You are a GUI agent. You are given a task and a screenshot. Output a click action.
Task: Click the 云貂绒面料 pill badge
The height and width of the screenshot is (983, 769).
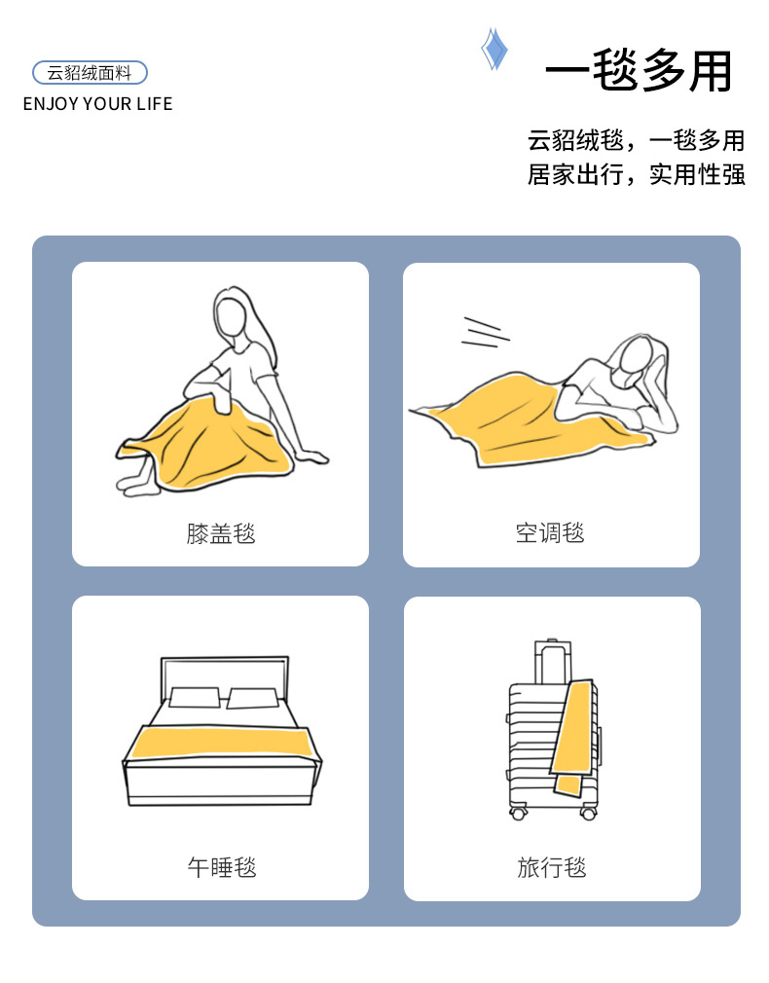click(90, 73)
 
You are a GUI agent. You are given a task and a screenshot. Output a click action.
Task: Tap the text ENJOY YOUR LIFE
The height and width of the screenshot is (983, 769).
click(98, 104)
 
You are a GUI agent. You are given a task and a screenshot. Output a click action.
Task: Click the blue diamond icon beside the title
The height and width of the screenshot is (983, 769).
click(494, 49)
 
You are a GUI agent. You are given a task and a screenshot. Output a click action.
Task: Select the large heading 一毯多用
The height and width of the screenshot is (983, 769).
click(639, 69)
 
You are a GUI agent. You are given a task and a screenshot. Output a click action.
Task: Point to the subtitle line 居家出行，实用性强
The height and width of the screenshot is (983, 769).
click(636, 174)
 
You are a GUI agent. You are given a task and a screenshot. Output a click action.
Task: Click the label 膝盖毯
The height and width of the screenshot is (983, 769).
click(221, 533)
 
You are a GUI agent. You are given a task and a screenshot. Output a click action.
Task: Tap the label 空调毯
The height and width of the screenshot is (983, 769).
click(550, 533)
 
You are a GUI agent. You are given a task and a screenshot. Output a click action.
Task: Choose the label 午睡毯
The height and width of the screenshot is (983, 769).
click(222, 867)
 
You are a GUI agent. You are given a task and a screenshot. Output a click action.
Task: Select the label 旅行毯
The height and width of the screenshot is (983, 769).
click(552, 867)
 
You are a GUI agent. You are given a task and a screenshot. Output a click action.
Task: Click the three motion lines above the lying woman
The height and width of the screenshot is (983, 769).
click(485, 332)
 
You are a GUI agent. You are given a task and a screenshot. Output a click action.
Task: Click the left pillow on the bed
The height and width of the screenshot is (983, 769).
click(195, 697)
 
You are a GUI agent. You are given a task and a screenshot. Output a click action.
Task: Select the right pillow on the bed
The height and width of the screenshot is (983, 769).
click(253, 698)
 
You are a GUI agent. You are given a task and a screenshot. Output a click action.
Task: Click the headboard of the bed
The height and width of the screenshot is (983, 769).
click(225, 677)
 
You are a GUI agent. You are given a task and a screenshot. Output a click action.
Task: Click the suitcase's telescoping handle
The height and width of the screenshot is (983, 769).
click(553, 662)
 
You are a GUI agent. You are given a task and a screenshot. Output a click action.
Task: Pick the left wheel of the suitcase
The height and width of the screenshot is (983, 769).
click(518, 814)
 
